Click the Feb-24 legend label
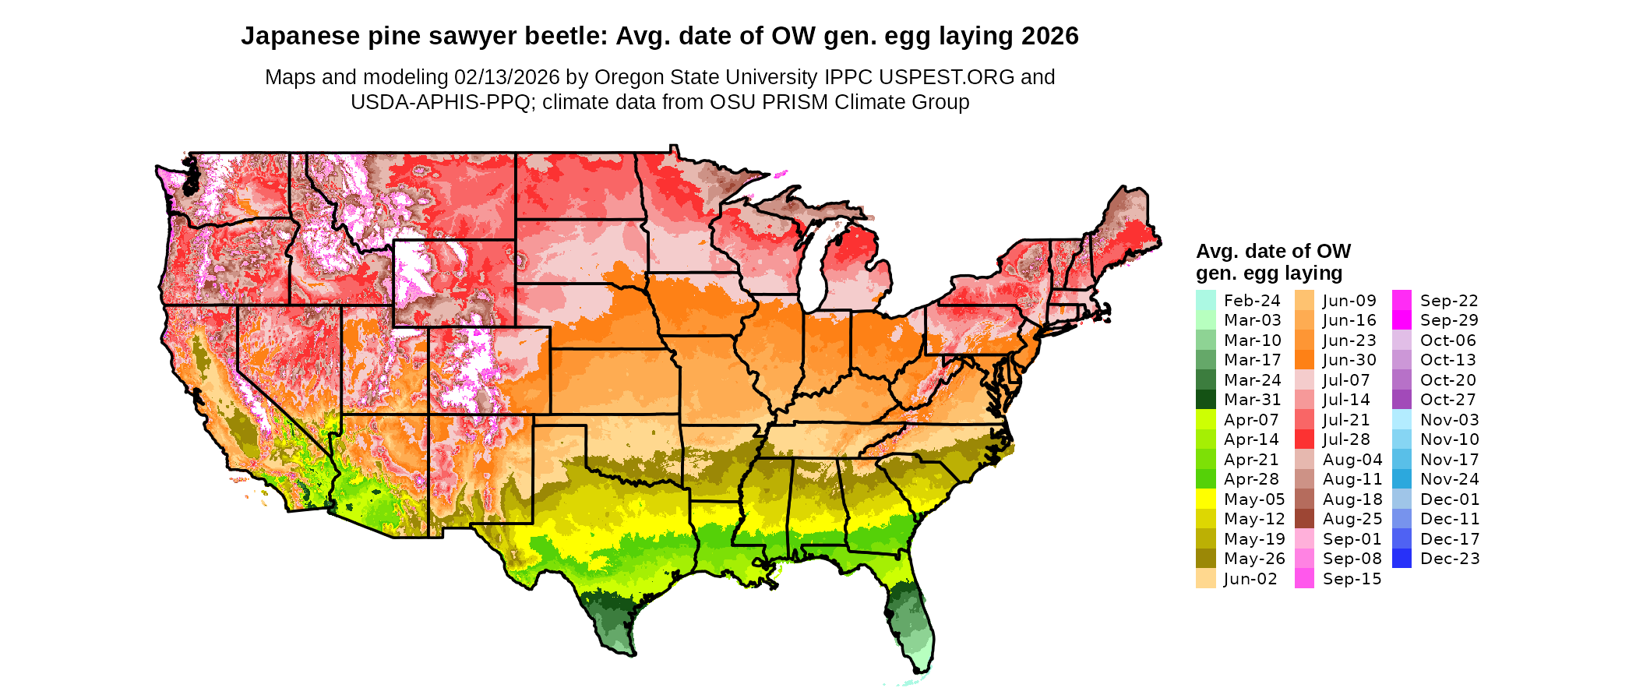[x=1252, y=301]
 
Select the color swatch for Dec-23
[x=1402, y=559]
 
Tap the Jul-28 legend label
[x=1346, y=439]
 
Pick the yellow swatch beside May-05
[x=1206, y=499]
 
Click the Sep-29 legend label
[x=1449, y=320]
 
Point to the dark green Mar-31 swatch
[x=1206, y=400]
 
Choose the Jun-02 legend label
[x=1250, y=579]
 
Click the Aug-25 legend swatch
[x=1304, y=519]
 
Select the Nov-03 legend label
[x=1449, y=420]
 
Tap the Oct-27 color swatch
[x=1402, y=400]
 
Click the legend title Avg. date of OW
[x=1273, y=252]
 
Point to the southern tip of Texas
[x=628, y=654]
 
